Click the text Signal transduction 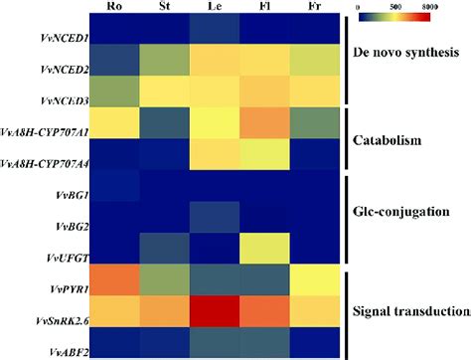409,310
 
